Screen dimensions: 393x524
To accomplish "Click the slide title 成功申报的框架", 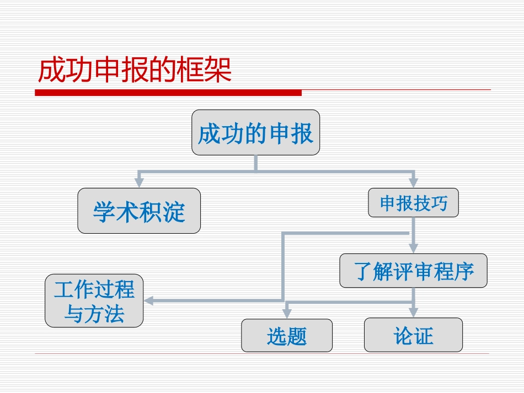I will [135, 70].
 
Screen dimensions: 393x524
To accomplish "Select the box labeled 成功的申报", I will [255, 133].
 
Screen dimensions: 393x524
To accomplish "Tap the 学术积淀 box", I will [138, 211].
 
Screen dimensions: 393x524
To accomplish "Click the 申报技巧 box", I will [413, 203].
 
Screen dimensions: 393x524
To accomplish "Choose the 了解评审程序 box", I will [413, 271].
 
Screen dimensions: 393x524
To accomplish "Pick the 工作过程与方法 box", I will [94, 301].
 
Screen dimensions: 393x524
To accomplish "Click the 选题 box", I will [287, 335].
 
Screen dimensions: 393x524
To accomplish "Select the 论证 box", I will [413, 335].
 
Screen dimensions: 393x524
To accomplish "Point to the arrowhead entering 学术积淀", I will [139, 182].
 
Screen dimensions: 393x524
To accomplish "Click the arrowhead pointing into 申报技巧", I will [413, 183].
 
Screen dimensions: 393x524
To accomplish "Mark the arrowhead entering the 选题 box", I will [287, 314].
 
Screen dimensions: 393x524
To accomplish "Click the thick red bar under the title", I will [168, 93].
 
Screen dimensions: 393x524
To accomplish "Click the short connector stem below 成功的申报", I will [255, 163].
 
